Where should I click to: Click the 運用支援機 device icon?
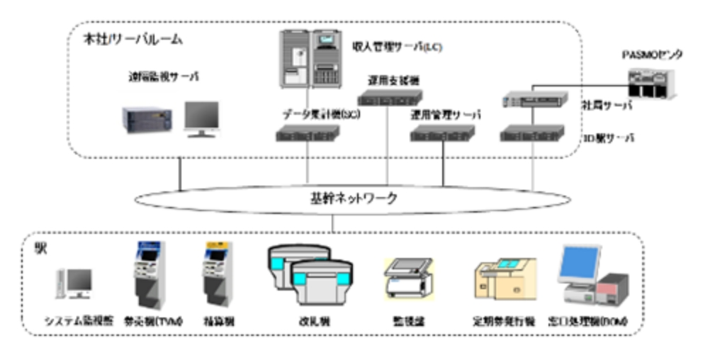point(390,96)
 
